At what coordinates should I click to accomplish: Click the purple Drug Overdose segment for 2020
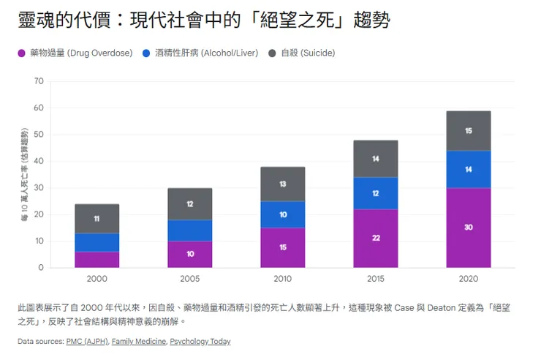point(468,228)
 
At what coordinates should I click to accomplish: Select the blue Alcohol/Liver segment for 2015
point(376,193)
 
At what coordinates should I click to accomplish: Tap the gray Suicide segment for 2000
point(97,219)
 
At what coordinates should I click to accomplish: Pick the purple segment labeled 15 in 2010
point(283,247)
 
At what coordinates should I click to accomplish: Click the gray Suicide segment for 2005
point(190,204)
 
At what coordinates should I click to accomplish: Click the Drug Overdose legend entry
point(77,53)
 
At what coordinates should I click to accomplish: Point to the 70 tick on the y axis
point(39,81)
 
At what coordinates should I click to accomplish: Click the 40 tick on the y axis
point(39,161)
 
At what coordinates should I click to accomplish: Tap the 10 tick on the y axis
point(39,241)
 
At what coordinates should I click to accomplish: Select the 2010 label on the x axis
point(283,280)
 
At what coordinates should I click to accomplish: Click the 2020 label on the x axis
point(468,280)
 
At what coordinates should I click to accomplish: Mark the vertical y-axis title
point(24,174)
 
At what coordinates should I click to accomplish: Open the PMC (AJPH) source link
point(87,341)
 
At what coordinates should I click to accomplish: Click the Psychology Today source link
point(200,341)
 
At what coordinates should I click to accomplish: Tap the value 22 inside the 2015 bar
point(376,239)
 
